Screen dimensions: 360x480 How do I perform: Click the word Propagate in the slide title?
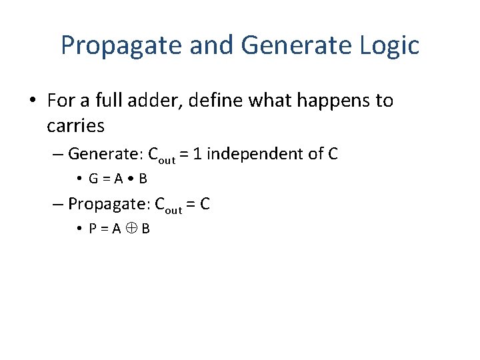pos(121,46)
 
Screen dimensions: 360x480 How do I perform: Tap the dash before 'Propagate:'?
pos(58,204)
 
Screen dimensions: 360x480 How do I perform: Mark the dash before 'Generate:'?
pos(58,155)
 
